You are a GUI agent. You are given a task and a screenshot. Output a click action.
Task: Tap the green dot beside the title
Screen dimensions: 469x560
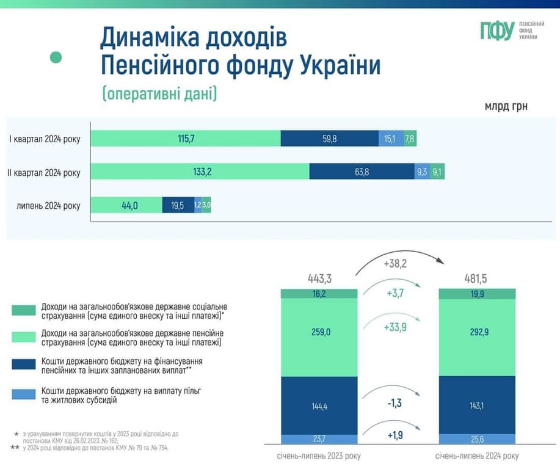pos(56,57)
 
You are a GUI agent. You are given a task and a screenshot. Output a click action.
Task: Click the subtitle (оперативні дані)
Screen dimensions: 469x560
pos(159,94)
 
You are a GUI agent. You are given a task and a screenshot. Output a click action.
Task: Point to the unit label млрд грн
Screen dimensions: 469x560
pos(506,106)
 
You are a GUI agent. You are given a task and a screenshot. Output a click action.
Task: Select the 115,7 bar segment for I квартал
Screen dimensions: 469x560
pos(186,139)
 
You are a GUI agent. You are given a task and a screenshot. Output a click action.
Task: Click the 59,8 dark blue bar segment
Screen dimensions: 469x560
pos(330,139)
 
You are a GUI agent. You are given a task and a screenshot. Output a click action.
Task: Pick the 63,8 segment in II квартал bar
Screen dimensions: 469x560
pos(362,172)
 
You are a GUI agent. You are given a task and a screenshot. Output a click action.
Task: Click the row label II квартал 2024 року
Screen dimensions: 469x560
pos(44,172)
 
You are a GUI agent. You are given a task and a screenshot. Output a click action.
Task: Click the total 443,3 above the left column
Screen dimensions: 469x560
pos(319,279)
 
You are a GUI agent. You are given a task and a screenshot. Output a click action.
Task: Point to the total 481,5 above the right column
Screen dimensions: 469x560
pos(477,279)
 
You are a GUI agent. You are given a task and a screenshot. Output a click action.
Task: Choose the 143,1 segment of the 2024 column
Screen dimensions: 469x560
pos(477,405)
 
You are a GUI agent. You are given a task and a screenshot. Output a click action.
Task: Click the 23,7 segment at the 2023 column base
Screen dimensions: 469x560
pos(319,438)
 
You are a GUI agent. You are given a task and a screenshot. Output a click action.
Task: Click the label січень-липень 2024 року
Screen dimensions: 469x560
pos(477,456)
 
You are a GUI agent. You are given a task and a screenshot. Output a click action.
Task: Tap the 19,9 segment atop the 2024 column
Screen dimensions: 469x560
pos(477,294)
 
